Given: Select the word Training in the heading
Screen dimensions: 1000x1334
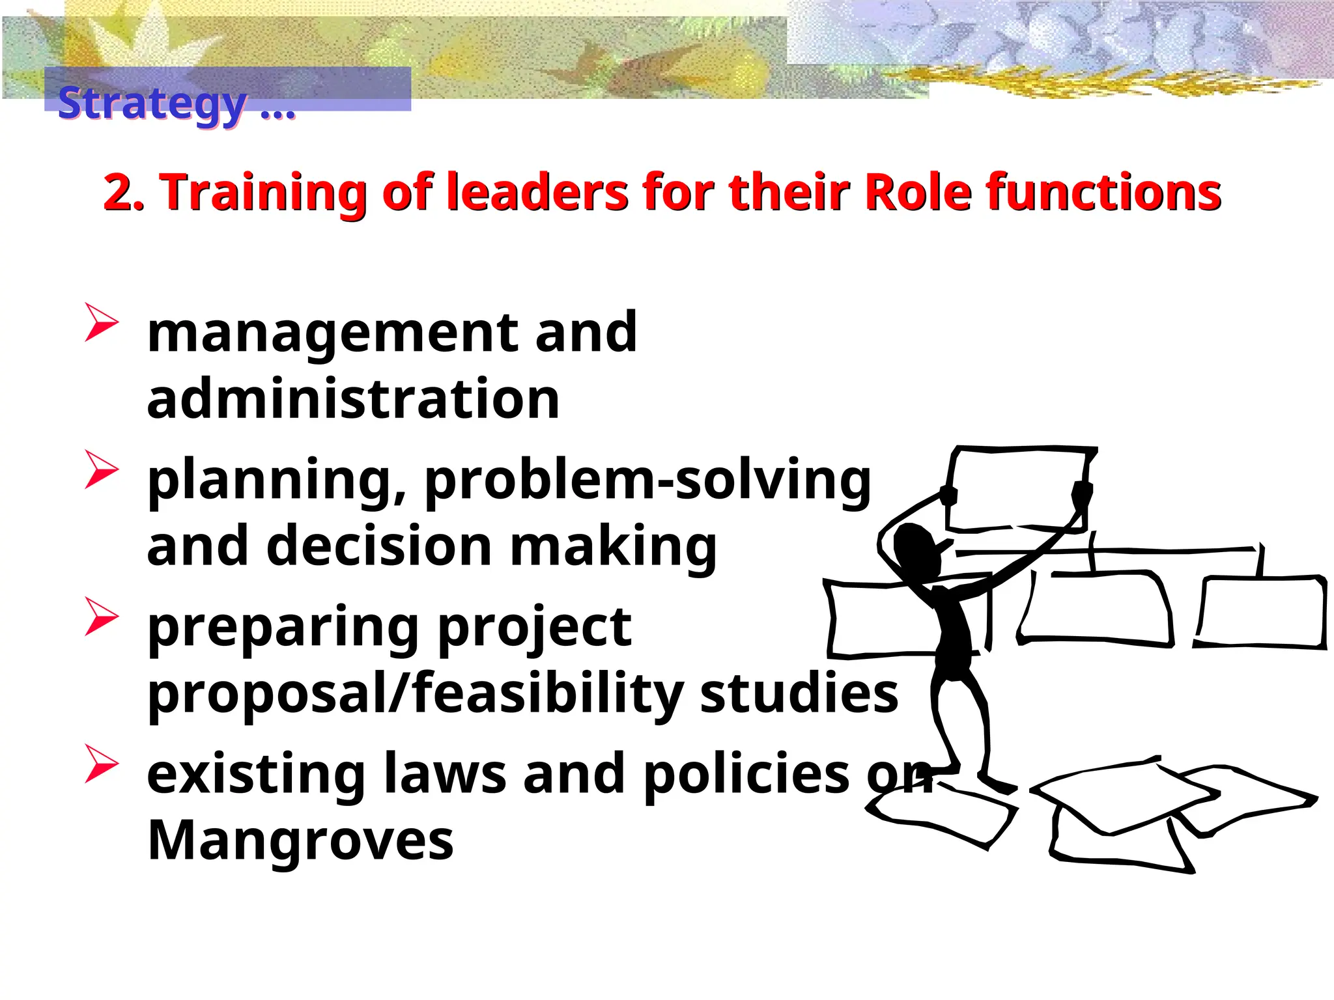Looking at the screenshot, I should coord(263,194).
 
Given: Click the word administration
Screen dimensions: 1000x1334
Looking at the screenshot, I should coord(353,398).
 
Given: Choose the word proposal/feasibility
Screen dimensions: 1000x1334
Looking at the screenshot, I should coord(416,693).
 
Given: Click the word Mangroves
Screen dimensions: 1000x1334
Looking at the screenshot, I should coord(300,840).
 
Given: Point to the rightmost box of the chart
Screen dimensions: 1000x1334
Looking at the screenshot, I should coord(1261,612).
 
